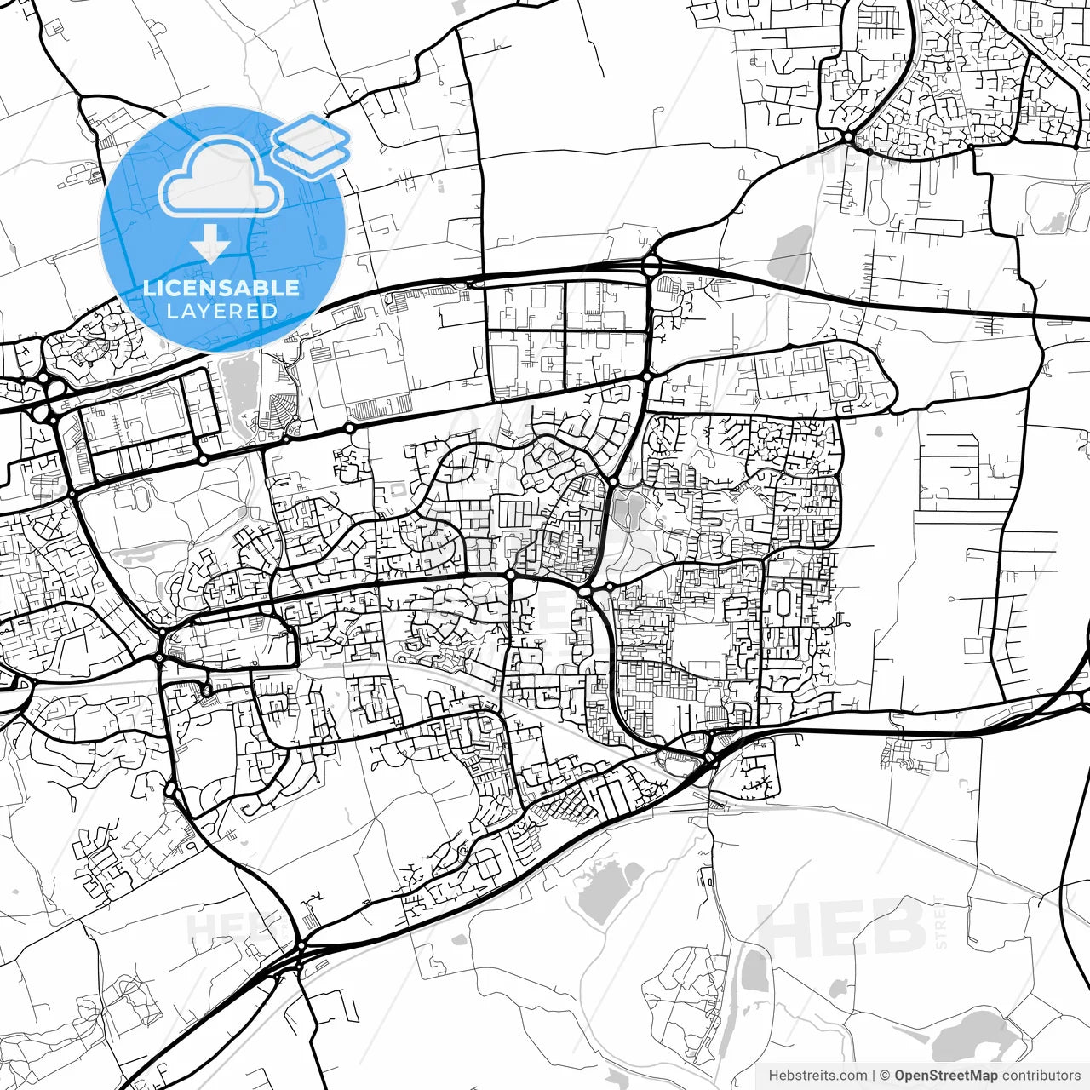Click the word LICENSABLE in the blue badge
pyautogui.click(x=221, y=288)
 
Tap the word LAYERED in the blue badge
pyautogui.click(x=221, y=311)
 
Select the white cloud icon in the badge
pyautogui.click(x=221, y=176)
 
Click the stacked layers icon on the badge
pyautogui.click(x=312, y=145)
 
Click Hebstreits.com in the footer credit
pyautogui.click(x=817, y=1076)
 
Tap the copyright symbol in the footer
pyautogui.click(x=885, y=1076)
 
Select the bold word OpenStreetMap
pyautogui.click(x=946, y=1076)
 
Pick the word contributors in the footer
pyautogui.click(x=1041, y=1076)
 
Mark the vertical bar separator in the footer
pyautogui.click(x=874, y=1076)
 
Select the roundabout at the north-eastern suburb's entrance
pyautogui.click(x=847, y=136)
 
